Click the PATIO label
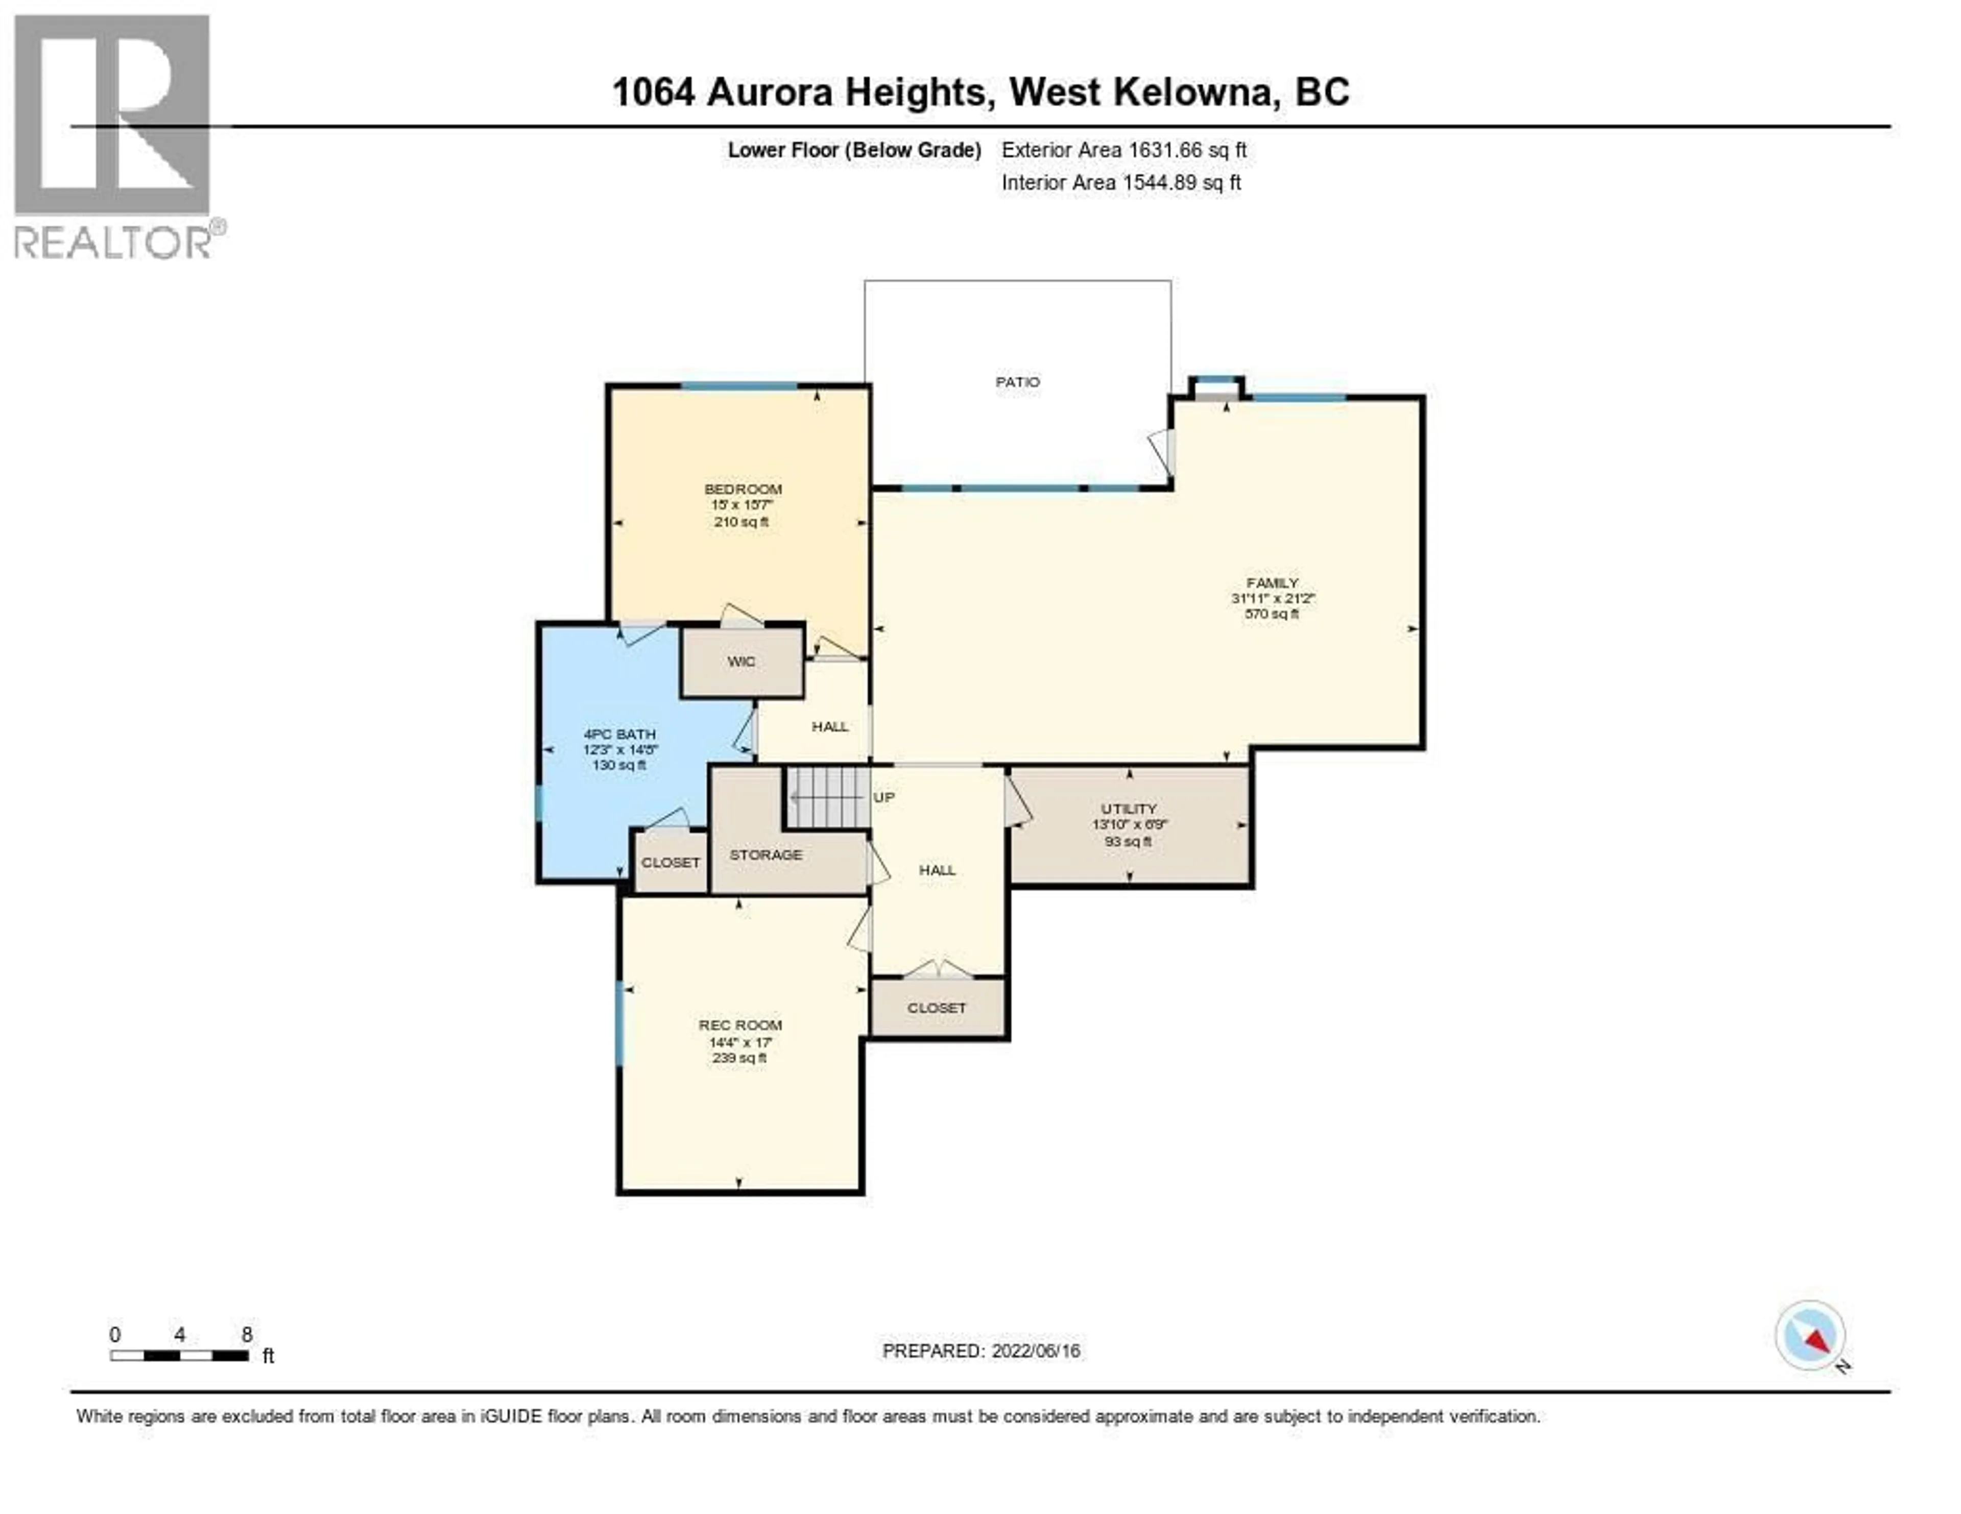point(1017,382)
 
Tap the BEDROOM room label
point(743,489)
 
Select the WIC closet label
point(741,662)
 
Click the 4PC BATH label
point(619,734)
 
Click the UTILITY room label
point(1129,809)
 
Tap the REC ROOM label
point(740,1025)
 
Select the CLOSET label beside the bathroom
point(670,863)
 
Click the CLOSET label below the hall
point(937,1008)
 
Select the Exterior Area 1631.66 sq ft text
point(1123,150)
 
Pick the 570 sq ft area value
point(1272,615)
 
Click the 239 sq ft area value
point(739,1058)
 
